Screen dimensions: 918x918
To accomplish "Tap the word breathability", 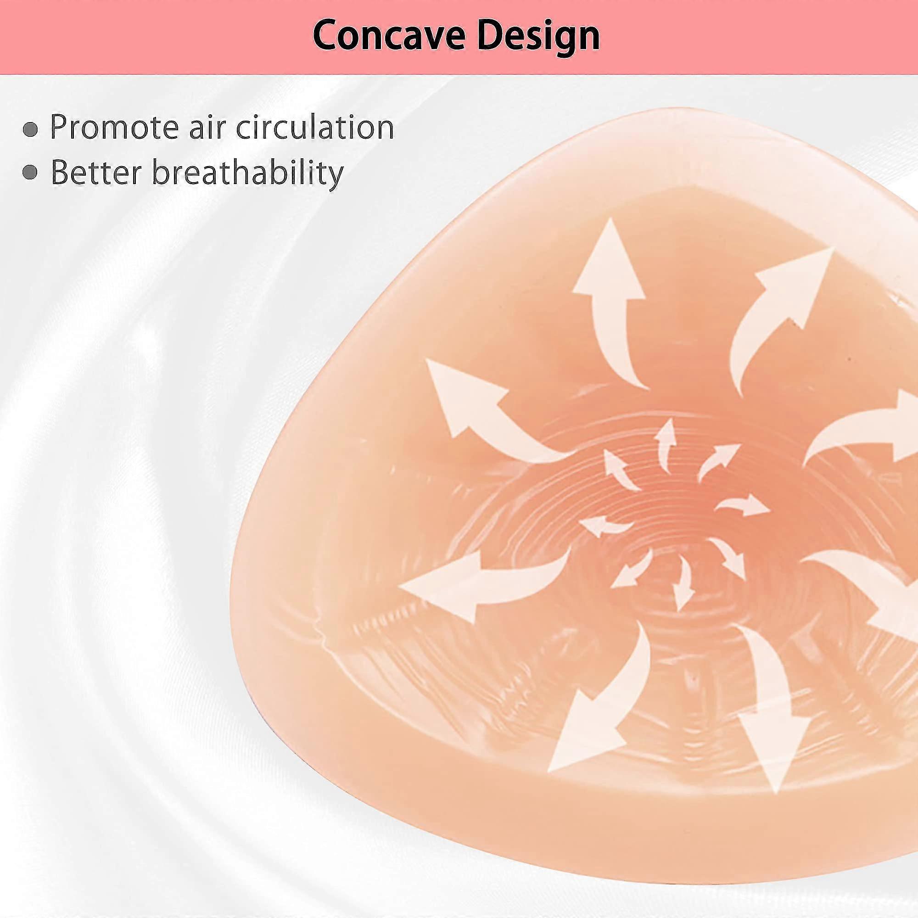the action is (x=246, y=174).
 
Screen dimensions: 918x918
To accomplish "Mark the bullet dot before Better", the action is (x=30, y=174).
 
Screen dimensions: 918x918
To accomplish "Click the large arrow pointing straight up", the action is (x=613, y=304).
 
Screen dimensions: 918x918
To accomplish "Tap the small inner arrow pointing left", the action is (x=605, y=526).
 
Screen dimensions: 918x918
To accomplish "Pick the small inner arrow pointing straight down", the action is (x=684, y=582).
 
